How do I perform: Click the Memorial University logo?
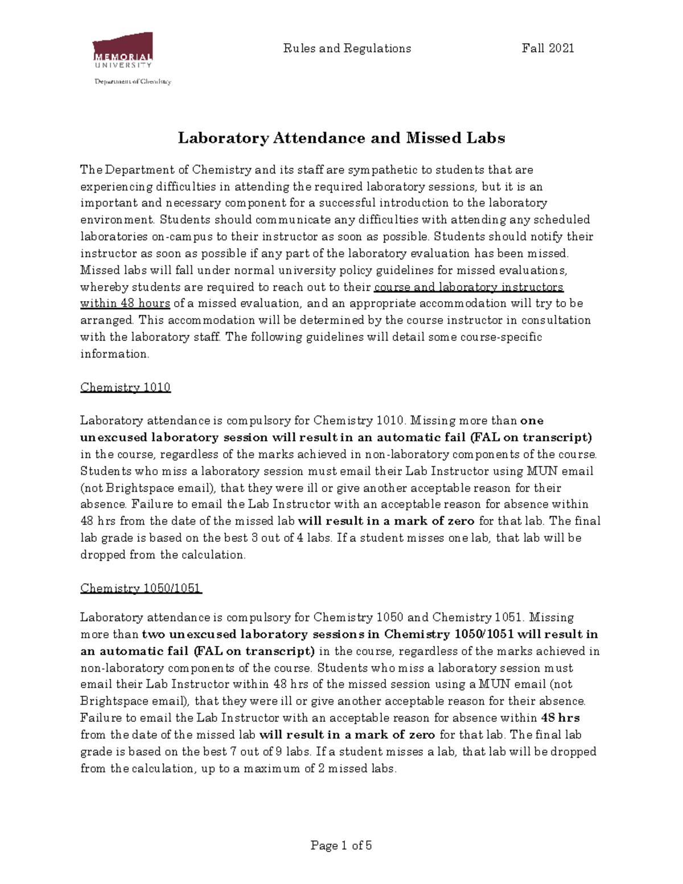tap(122, 51)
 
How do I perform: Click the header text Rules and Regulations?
tap(347, 48)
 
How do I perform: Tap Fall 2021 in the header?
tap(548, 48)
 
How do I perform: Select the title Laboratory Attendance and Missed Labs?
tap(341, 138)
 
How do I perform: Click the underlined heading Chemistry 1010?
tap(125, 388)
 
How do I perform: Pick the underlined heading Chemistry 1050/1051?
tap(141, 588)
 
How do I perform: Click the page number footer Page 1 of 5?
tap(341, 845)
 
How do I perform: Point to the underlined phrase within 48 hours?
tap(125, 303)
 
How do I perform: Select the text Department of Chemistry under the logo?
tap(133, 81)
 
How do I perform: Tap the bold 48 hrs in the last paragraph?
tap(560, 718)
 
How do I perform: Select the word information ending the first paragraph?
tap(113, 354)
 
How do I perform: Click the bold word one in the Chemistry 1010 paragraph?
tap(532, 421)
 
